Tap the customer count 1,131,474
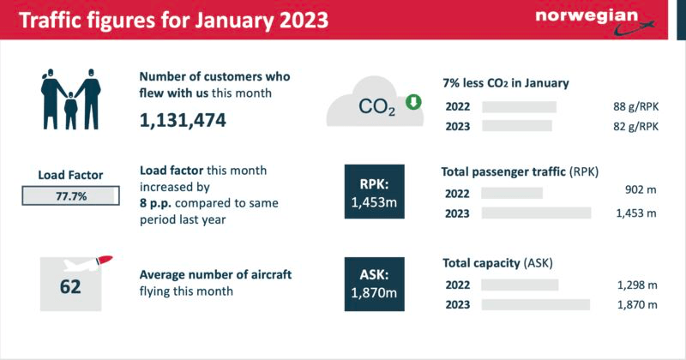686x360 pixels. tap(183, 121)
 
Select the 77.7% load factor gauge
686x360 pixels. tap(70, 196)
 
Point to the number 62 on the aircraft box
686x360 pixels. tap(70, 285)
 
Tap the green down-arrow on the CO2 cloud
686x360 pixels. tap(412, 103)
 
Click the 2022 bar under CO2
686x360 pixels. tap(519, 107)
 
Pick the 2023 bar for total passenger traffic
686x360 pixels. tap(536, 213)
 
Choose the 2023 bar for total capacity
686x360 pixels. tap(536, 304)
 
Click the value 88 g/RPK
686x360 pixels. tap(635, 107)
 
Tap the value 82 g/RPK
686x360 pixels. tap(635, 126)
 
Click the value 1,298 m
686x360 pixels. tap(635, 285)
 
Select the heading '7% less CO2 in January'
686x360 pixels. tap(505, 83)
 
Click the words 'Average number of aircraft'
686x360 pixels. tap(216, 274)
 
